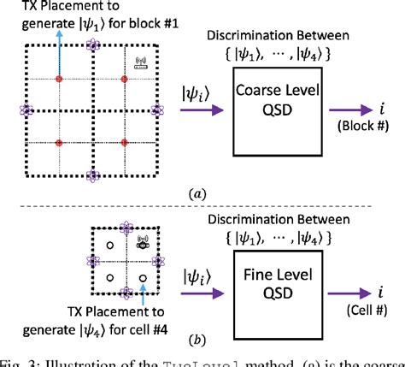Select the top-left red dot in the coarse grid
coord(59,79)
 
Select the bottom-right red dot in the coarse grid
coord(124,142)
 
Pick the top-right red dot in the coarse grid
coord(124,79)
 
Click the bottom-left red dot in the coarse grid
coord(59,142)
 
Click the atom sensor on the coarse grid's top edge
coord(91,46)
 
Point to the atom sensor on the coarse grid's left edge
coord(26,110)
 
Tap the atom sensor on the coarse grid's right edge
coord(156,110)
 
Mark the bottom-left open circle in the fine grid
coord(109,279)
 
